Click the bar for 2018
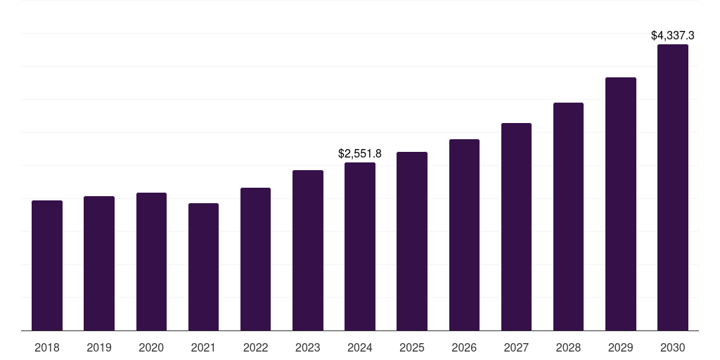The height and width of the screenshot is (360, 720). [47, 266]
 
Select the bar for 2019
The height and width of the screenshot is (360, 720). [99, 264]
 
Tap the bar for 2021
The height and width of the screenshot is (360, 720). [203, 267]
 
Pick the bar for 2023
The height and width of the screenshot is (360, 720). [308, 250]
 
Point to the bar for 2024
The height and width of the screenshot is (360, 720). [360, 247]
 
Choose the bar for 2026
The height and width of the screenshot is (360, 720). [464, 235]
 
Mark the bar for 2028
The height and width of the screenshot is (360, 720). [568, 217]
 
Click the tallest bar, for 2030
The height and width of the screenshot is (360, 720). [672, 188]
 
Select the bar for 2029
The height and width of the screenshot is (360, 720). [620, 204]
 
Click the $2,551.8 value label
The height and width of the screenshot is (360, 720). [360, 153]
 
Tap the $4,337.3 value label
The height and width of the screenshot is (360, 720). [672, 35]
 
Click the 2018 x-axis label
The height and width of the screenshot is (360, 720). [47, 347]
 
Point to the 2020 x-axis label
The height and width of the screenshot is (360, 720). [151, 347]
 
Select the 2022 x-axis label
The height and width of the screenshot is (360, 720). [255, 347]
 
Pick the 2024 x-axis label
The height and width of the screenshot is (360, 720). [360, 347]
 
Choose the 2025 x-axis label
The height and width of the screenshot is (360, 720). [412, 347]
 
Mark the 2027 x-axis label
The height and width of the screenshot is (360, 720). [516, 347]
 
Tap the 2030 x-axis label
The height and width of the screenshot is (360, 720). [672, 347]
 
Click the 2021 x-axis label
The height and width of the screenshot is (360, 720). [203, 347]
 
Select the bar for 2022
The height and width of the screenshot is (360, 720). [255, 259]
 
